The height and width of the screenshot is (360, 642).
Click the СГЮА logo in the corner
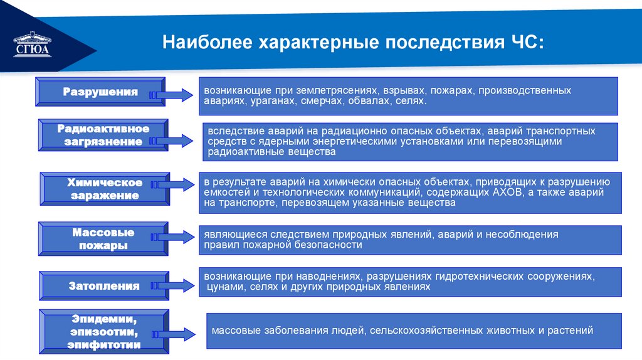31,44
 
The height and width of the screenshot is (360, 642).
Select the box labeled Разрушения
100,92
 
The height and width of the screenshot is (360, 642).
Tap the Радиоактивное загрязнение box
103,135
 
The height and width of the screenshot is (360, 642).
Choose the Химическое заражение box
105,189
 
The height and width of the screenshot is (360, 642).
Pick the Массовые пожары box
103,239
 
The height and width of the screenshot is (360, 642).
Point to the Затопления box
103,286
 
